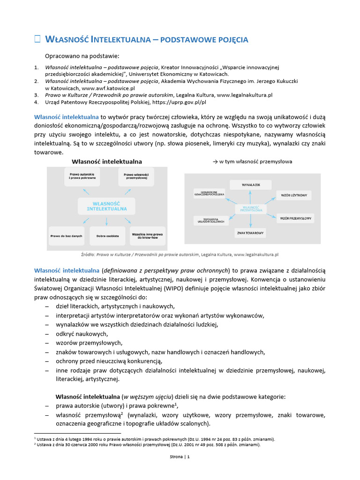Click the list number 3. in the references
(37, 95)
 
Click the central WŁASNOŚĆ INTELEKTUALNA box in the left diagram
(106, 206)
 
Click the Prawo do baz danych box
(66, 236)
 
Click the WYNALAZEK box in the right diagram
(251, 185)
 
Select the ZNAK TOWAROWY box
(250, 233)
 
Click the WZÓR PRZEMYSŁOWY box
(296, 218)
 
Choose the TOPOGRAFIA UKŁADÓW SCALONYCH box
(210, 220)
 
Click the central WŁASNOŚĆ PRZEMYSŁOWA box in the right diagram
(251, 209)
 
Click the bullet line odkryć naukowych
(82, 334)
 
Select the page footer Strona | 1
(180, 457)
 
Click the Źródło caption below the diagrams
(180, 255)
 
